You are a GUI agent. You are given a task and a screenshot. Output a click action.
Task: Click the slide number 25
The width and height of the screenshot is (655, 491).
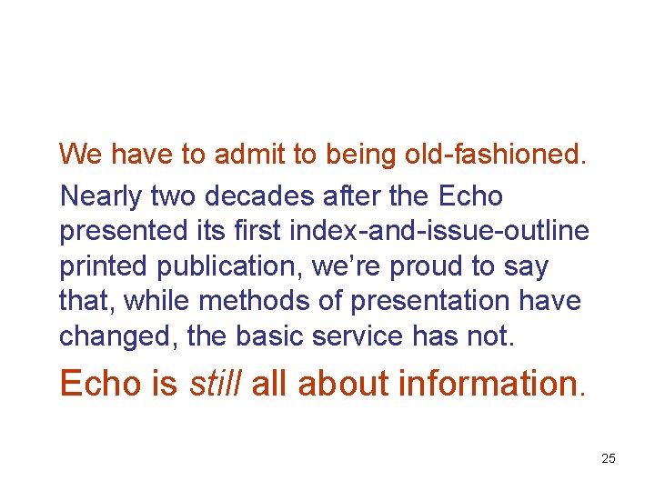(x=609, y=458)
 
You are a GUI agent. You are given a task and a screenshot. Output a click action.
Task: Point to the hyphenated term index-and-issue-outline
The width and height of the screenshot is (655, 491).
(x=438, y=232)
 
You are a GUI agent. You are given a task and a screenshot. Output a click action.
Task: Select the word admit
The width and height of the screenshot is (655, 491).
(x=247, y=155)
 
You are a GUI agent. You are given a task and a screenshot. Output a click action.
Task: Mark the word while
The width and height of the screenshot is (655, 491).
(x=154, y=301)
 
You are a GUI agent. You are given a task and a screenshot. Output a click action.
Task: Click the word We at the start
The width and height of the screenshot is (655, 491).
(x=80, y=155)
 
